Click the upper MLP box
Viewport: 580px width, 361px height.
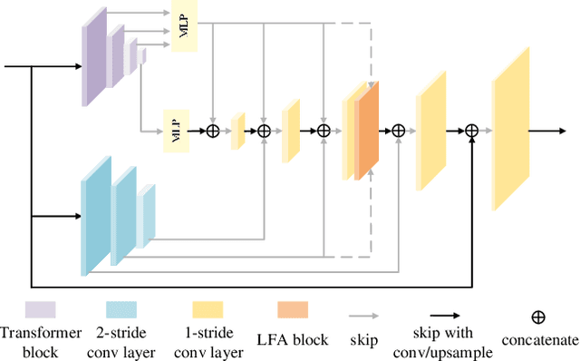(x=184, y=26)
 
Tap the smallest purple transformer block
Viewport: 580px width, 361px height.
(x=142, y=58)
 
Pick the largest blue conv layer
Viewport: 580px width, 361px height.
(x=95, y=215)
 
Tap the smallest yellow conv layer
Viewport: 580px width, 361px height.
(x=238, y=131)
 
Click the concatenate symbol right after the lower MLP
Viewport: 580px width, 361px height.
(x=214, y=131)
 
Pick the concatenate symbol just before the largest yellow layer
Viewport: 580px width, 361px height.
(x=471, y=131)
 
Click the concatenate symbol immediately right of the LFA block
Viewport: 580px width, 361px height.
(x=399, y=131)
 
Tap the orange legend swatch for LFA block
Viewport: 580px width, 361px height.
(x=292, y=310)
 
